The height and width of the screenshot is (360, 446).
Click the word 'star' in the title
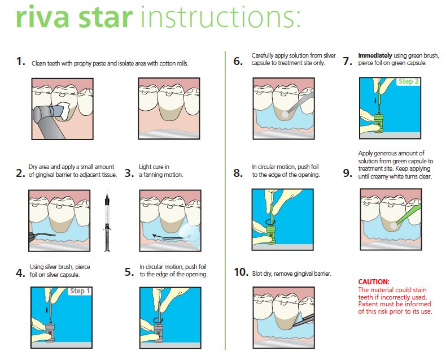pyautogui.click(x=106, y=18)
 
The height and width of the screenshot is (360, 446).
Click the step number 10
pyautogui.click(x=241, y=272)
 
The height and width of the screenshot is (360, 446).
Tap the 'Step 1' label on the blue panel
pyautogui.click(x=80, y=291)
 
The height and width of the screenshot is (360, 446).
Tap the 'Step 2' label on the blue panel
pyautogui.click(x=408, y=81)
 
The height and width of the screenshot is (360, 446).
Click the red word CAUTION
pyautogui.click(x=374, y=281)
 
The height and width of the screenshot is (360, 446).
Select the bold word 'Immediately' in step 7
pyautogui.click(x=375, y=55)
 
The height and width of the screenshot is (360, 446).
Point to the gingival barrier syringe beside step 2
pyautogui.click(x=107, y=221)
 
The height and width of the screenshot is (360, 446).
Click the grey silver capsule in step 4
pyautogui.click(x=50, y=332)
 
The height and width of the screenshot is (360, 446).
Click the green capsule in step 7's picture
pyautogui.click(x=378, y=123)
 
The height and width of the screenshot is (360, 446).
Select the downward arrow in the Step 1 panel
pyautogui.click(x=47, y=309)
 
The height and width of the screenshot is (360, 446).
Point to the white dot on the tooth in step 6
pyautogui.click(x=285, y=114)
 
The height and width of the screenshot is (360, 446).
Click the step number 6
pyautogui.click(x=238, y=61)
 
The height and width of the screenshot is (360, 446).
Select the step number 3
pyautogui.click(x=129, y=173)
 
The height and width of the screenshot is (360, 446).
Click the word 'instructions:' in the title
pyautogui.click(x=220, y=17)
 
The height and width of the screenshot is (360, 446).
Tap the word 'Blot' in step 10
pyautogui.click(x=257, y=274)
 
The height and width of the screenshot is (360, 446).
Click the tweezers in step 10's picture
pyautogui.click(x=304, y=320)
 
